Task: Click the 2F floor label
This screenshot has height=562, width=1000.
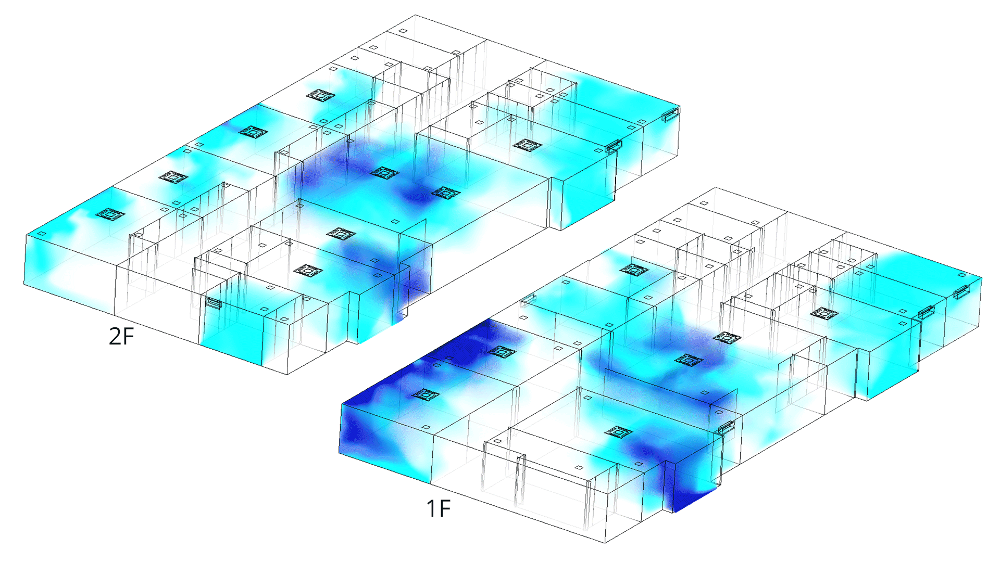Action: point(121,336)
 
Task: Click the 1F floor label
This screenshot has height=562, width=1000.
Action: point(439,508)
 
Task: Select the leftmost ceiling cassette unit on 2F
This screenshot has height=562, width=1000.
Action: point(110,214)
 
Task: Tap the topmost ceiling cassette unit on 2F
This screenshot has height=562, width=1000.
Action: point(320,95)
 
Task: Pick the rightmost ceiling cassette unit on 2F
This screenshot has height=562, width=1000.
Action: point(528,145)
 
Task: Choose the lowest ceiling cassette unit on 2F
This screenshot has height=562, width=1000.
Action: point(308,271)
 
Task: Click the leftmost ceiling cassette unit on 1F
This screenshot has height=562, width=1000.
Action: point(426,395)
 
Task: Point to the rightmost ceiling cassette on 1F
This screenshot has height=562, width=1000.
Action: point(824,313)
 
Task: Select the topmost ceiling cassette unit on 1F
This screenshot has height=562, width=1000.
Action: point(634,270)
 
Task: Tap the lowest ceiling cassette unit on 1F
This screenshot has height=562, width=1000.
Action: point(619,432)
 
